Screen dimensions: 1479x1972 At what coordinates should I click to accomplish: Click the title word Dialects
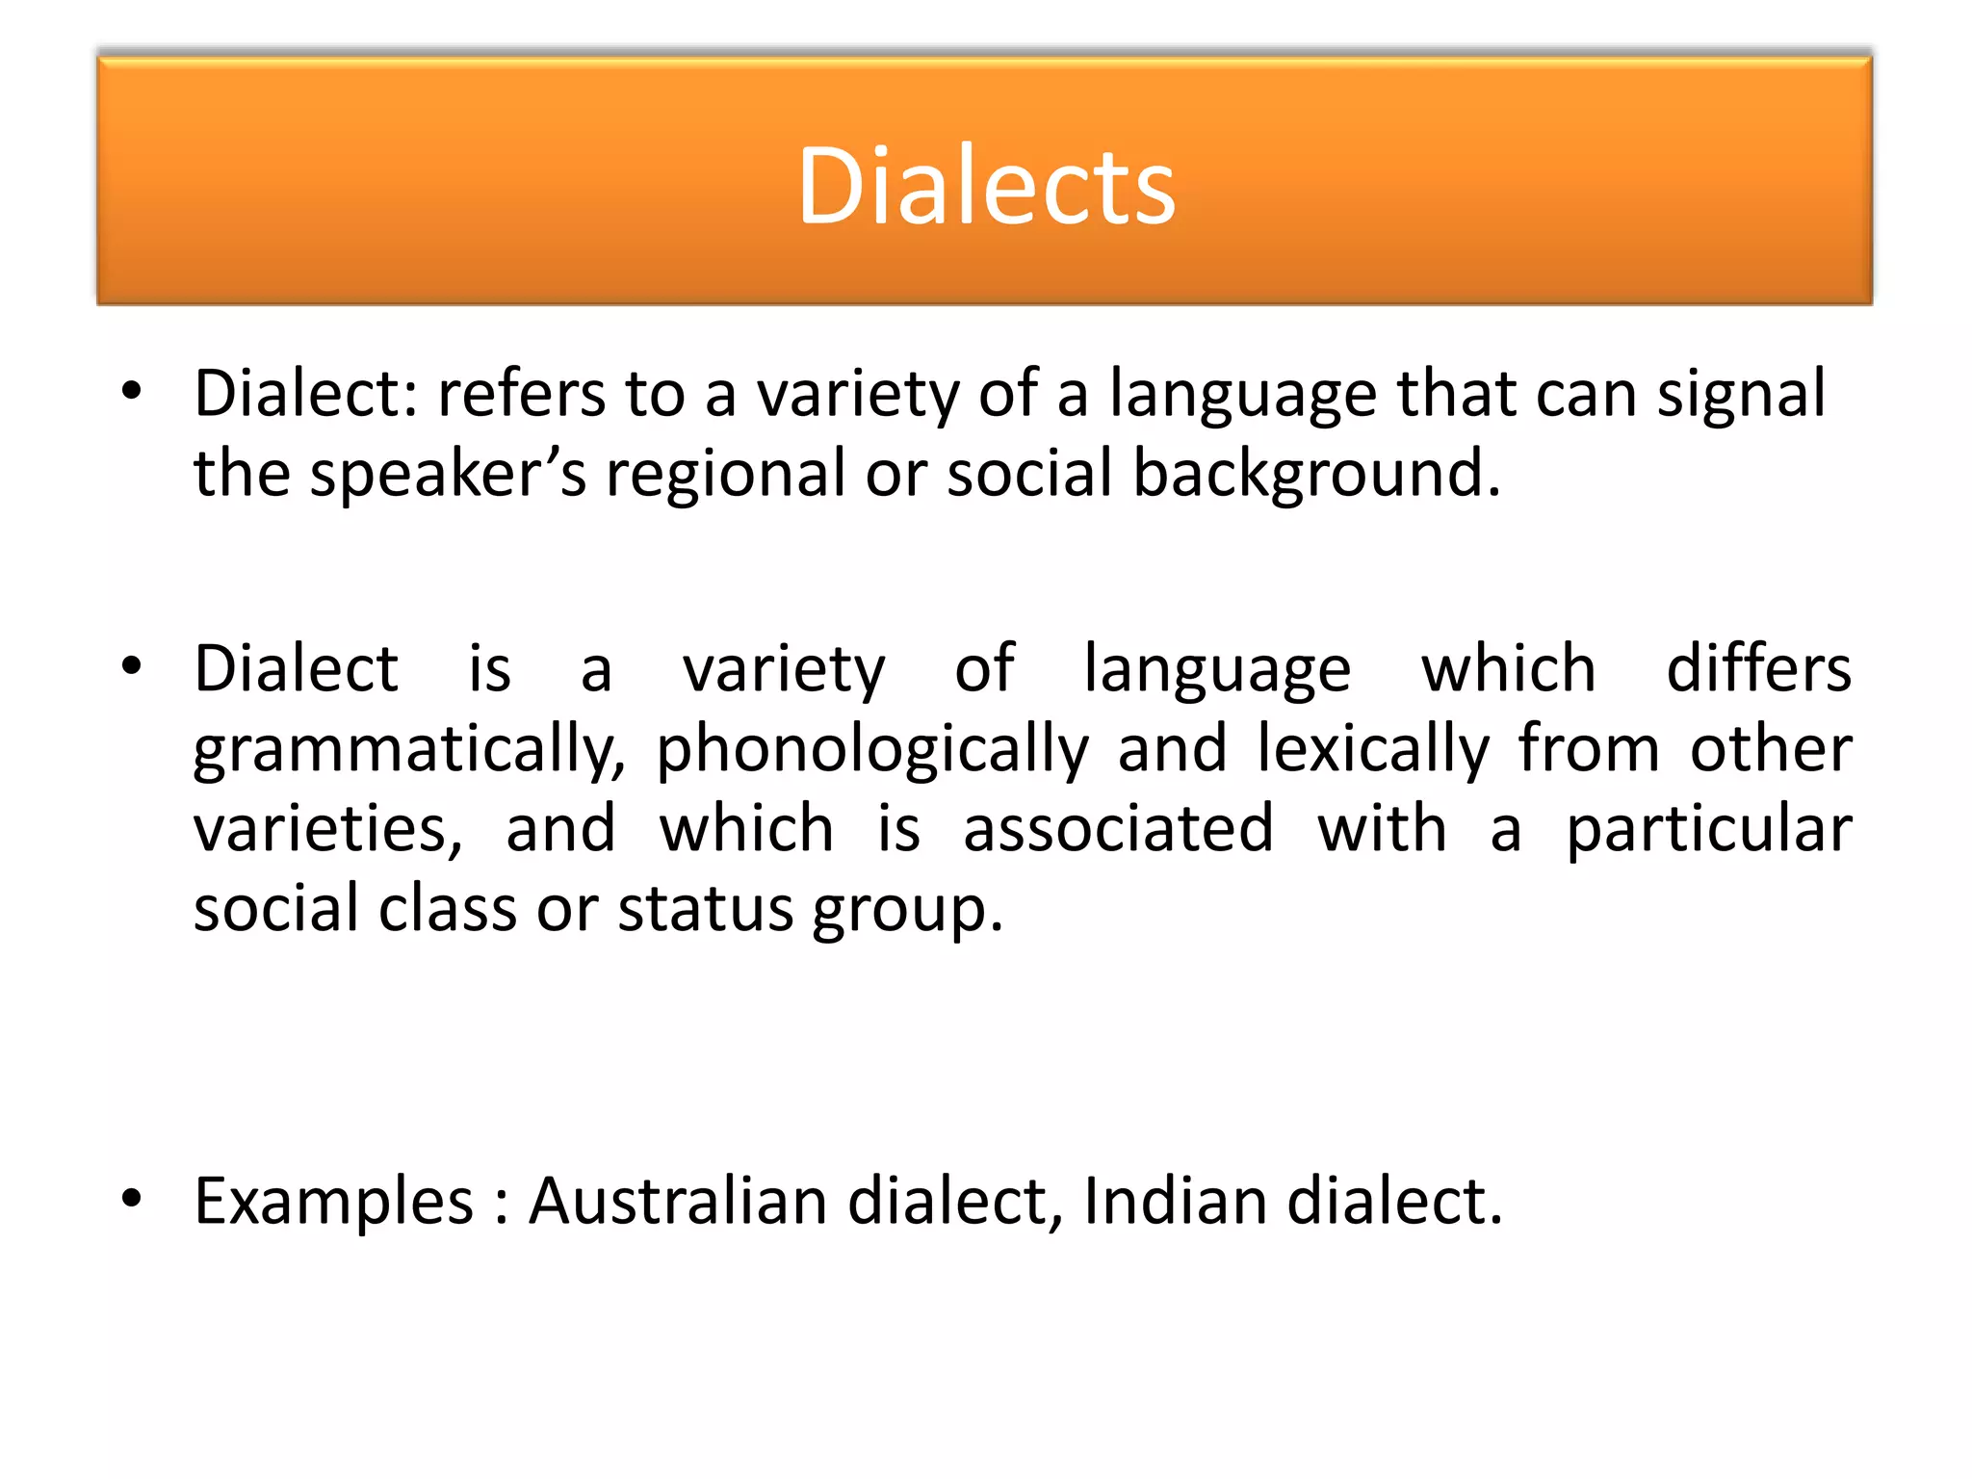click(986, 185)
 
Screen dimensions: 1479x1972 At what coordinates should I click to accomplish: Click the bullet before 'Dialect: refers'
click(132, 391)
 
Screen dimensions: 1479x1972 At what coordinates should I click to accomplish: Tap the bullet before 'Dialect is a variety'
click(132, 665)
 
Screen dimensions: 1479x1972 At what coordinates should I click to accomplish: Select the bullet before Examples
click(132, 1199)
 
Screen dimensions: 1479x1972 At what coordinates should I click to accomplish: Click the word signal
click(1740, 395)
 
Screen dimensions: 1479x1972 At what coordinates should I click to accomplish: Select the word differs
click(1758, 668)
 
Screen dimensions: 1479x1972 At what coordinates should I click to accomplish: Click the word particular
click(1708, 831)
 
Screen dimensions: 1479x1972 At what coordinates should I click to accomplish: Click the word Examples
click(334, 1203)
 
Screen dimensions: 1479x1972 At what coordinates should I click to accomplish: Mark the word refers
click(521, 394)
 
